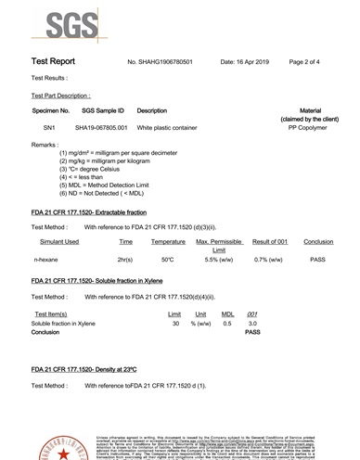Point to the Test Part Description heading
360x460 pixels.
(x=60, y=96)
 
